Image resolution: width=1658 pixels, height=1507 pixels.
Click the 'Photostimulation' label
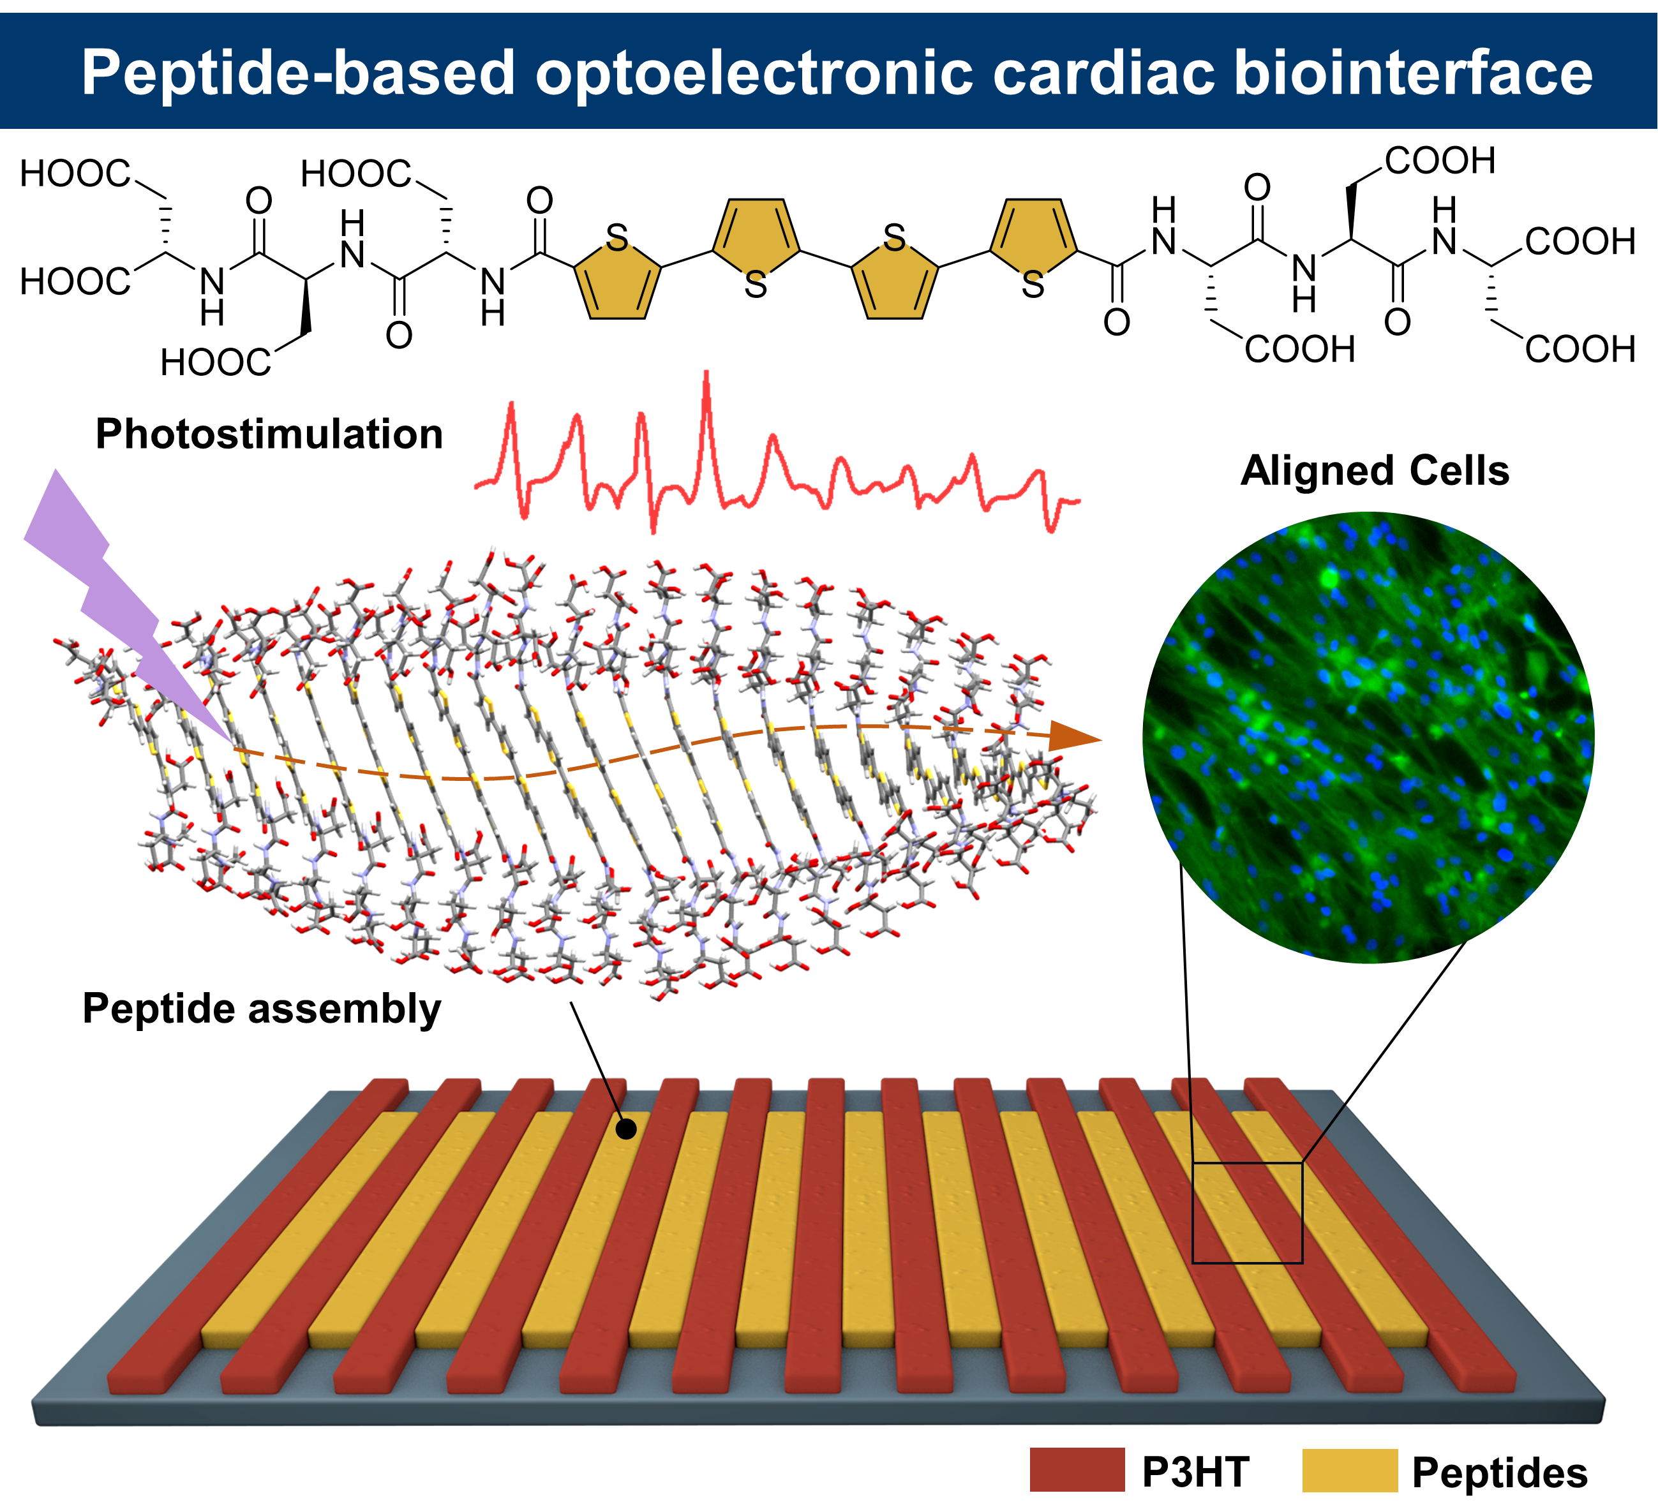(269, 434)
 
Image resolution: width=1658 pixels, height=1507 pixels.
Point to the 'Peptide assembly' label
(262, 1009)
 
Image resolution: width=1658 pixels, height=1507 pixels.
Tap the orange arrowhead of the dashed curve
(1073, 737)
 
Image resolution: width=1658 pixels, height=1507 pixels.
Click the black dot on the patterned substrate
(626, 1130)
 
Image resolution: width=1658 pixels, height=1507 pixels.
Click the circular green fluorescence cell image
(1368, 738)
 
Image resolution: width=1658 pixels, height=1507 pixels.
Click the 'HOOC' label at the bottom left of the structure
(216, 362)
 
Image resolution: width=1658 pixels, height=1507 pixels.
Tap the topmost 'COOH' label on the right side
(1440, 161)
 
